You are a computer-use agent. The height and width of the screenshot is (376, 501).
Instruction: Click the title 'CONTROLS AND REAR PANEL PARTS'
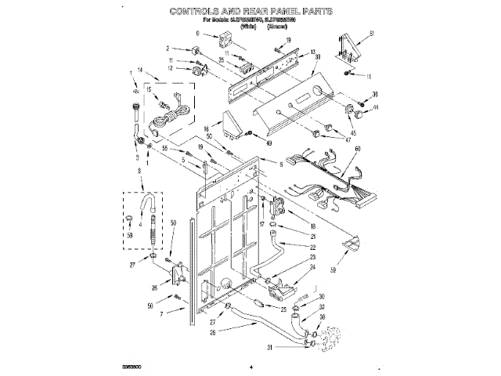click(251, 13)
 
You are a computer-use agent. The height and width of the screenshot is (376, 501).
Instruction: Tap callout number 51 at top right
click(373, 32)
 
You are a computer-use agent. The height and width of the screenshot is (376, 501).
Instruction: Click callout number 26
click(154, 288)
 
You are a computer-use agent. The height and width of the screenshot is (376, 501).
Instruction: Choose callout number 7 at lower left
click(162, 314)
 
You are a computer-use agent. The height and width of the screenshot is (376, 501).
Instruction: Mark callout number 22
click(290, 247)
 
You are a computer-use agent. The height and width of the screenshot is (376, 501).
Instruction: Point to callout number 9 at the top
click(197, 34)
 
